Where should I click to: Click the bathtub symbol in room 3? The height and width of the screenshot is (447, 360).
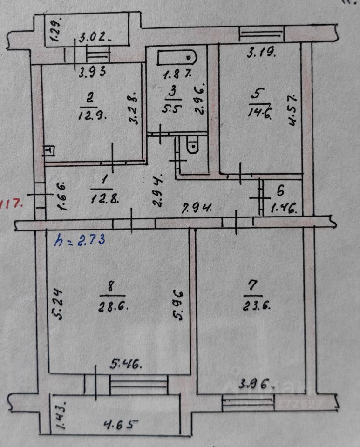click(x=177, y=57)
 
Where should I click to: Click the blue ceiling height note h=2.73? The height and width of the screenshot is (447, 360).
click(x=79, y=240)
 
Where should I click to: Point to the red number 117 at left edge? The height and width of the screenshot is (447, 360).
click(x=10, y=203)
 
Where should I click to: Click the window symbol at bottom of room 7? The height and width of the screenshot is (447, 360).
click(x=248, y=402)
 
